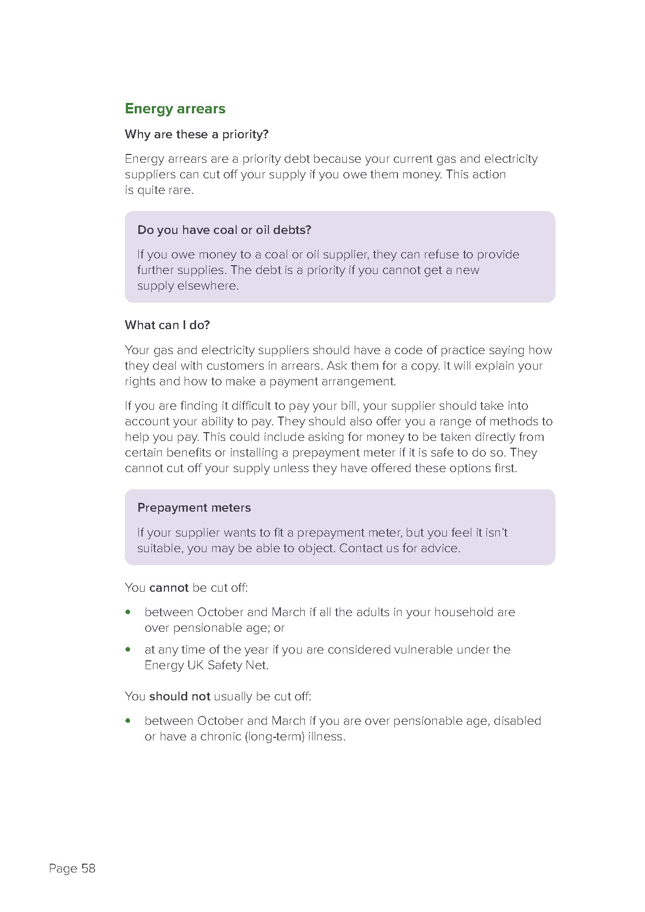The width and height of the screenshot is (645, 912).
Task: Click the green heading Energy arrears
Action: click(x=175, y=109)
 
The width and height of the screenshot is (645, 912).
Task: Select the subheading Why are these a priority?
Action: click(x=197, y=134)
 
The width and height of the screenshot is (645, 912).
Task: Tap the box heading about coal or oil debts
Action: click(x=224, y=230)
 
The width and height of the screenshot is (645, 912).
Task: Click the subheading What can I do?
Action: click(x=167, y=325)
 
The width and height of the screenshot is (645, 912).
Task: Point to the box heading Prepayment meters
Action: click(x=194, y=507)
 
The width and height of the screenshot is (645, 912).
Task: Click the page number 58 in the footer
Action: click(x=88, y=868)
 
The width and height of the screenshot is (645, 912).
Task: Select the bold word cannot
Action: click(x=169, y=588)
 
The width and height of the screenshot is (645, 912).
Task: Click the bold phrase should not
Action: click(x=179, y=696)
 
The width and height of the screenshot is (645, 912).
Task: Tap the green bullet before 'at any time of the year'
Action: click(x=128, y=649)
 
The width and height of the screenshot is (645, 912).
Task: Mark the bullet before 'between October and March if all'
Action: click(x=128, y=612)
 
